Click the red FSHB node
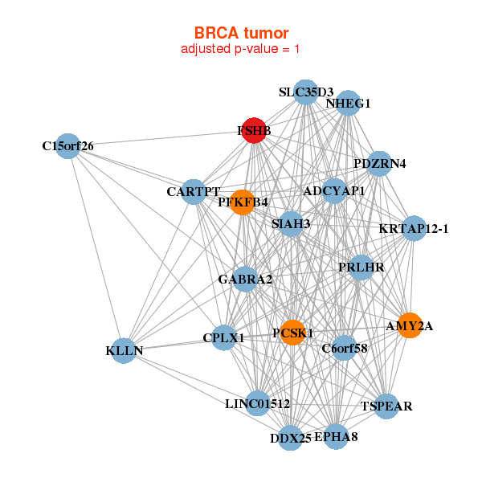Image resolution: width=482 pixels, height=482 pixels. pos(254,131)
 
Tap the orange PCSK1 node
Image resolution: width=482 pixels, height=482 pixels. pos(292,333)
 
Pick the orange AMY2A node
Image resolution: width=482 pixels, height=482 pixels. pos(410,325)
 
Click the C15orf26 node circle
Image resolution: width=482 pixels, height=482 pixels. pos(68,146)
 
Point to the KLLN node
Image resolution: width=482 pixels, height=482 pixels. pos(124,351)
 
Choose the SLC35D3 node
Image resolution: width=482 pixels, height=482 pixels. pos(305,92)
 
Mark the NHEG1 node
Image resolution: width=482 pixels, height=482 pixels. pos(348,104)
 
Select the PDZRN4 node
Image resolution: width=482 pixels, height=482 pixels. pos(380,164)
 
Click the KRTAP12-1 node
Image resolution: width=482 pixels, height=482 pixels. pos(414,229)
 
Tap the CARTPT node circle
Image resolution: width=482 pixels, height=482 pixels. pos(194,191)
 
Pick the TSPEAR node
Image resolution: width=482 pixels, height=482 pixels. pos(386,406)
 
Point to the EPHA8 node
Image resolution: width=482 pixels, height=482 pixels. pos(336,437)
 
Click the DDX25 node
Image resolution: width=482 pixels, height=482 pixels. pos(291,438)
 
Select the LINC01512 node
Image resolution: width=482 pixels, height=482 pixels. pos(257,402)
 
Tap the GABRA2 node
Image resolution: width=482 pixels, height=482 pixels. pos(246,280)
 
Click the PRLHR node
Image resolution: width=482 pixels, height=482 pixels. pos(361,267)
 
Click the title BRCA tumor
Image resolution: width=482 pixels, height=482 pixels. pos(241,33)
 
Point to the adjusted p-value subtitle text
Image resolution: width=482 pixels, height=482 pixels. pos(241,49)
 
